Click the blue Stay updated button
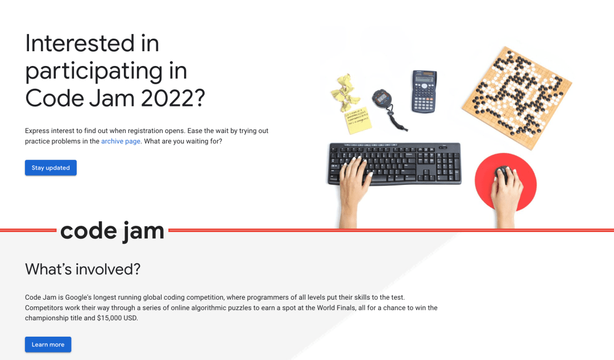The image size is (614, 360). click(x=51, y=168)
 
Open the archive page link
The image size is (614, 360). click(x=121, y=141)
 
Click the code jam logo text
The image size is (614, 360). click(x=112, y=231)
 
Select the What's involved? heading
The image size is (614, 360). click(x=82, y=269)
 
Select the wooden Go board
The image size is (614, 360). click(x=516, y=97)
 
